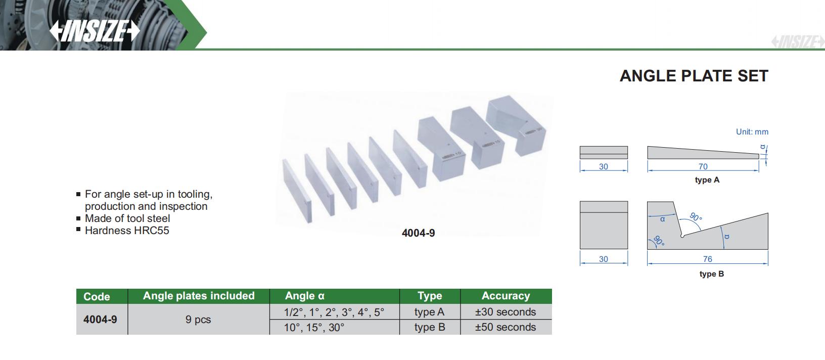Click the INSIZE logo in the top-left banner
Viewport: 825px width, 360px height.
click(x=95, y=30)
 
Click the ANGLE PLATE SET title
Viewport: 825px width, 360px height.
click(x=694, y=76)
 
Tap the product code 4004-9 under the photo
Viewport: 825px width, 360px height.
click(x=418, y=233)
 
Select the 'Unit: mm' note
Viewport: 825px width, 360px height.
click(x=752, y=131)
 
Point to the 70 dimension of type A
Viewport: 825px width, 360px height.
click(x=703, y=166)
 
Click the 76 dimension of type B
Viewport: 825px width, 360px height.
click(x=708, y=259)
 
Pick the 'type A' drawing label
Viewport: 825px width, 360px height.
click(x=707, y=180)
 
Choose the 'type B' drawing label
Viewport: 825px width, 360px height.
click(x=712, y=274)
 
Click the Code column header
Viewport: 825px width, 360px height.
click(x=97, y=297)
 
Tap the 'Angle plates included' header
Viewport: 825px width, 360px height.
click(x=199, y=295)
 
